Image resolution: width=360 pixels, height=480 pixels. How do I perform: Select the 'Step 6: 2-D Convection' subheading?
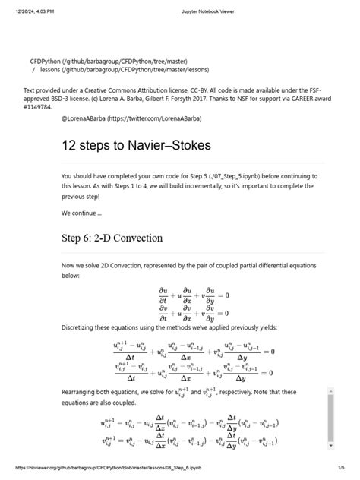click(x=112, y=238)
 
